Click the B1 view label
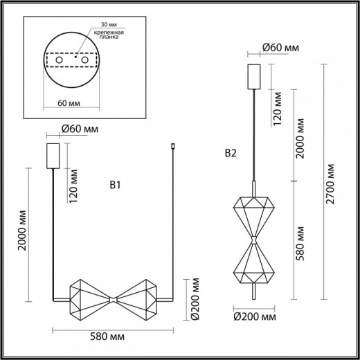(116, 185)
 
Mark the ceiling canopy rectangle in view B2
(253, 75)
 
